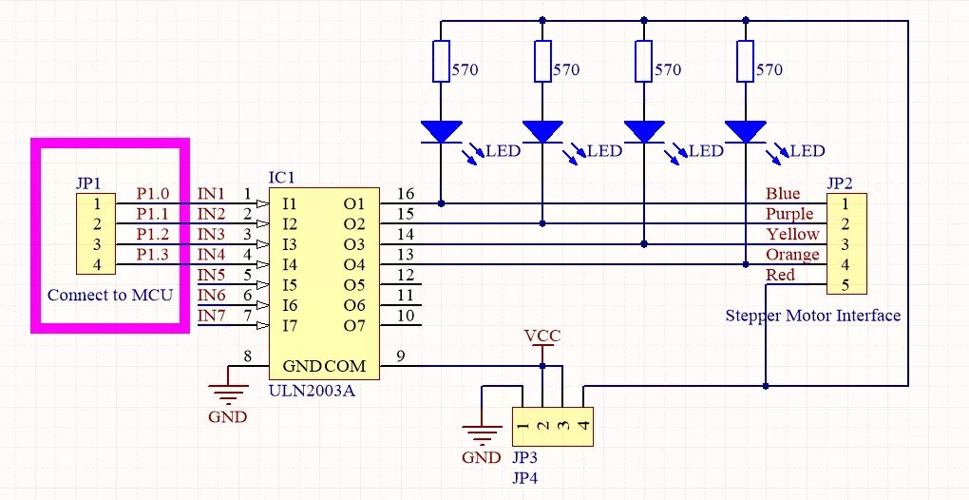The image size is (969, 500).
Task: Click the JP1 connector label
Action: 88,183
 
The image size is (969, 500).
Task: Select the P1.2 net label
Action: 152,234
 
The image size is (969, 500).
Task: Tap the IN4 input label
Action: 211,255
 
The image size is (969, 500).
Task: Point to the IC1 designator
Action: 282,178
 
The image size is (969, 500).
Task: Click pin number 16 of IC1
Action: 406,194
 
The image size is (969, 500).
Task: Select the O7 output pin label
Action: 354,326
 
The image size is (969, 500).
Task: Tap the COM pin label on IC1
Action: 345,366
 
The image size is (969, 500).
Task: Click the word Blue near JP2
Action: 783,194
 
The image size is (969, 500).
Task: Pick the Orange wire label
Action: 792,255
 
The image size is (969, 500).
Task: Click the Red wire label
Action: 781,276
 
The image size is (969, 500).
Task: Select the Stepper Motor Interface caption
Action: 812,316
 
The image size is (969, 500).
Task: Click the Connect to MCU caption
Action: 110,295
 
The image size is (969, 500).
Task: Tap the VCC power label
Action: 542,337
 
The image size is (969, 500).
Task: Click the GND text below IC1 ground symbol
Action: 227,416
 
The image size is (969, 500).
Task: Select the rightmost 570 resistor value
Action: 769,69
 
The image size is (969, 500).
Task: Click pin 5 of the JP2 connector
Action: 845,284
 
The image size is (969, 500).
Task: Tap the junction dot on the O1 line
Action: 442,202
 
